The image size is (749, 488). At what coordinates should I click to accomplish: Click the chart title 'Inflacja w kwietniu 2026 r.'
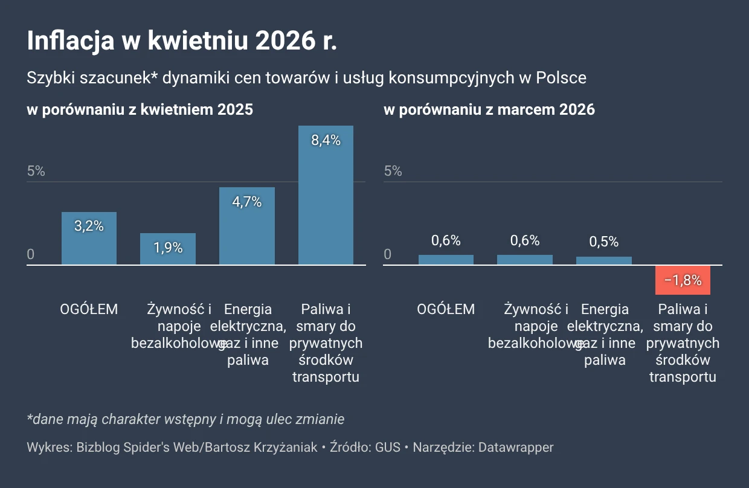click(182, 42)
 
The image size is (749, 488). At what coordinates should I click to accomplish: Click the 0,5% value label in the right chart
click(603, 242)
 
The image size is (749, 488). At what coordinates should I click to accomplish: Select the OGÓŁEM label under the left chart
click(89, 309)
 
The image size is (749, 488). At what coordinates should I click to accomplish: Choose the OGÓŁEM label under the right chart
click(446, 309)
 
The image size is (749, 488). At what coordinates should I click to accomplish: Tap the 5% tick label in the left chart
click(36, 171)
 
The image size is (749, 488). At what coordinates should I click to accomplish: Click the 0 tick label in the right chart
click(388, 255)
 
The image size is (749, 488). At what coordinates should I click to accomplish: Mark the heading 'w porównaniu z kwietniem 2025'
click(140, 109)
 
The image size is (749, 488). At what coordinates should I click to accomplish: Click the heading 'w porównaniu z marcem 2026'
click(489, 109)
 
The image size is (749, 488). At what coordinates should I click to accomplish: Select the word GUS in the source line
click(388, 448)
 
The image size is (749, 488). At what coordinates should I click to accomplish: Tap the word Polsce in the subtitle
click(562, 78)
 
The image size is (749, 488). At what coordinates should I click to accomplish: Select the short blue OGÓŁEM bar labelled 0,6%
click(446, 260)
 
